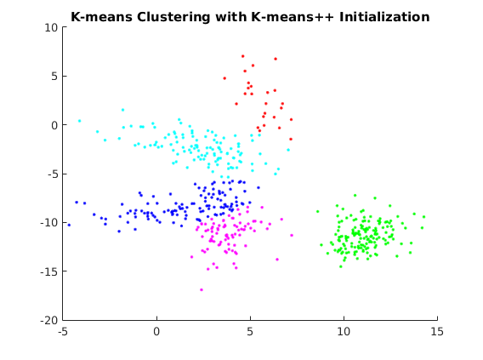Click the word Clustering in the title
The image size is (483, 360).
pos(173,17)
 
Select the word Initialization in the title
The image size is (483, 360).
pos(384,17)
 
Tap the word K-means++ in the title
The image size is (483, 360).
pos(293,17)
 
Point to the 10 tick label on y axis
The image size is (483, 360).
pos(51,28)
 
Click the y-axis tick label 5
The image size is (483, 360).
pos(54,76)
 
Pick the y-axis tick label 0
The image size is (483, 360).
pos(54,125)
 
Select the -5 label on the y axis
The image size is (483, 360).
pos(53,174)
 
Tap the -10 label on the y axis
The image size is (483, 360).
pos(49,222)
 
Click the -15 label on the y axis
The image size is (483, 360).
pos(49,271)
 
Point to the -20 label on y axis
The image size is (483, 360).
pos(49,320)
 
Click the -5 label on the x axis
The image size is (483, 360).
pos(63,332)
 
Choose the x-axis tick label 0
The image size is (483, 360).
pos(156,332)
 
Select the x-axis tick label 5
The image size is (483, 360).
pos(250,332)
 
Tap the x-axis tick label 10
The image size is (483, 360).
pos(344,332)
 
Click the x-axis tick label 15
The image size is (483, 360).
pos(437,332)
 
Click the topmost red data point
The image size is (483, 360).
pos(243,56)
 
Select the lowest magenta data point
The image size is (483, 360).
pos(202,289)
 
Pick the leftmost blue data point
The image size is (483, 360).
pos(69,225)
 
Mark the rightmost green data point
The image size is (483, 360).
pos(423,217)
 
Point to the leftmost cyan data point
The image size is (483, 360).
pos(79,121)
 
